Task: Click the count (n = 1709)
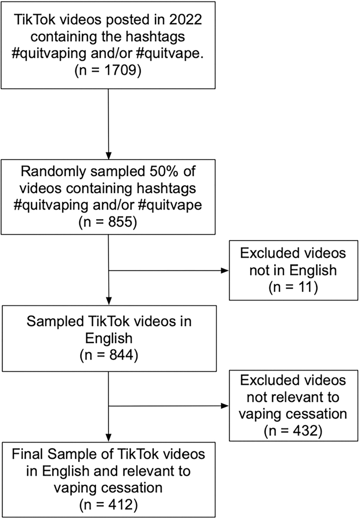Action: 108,70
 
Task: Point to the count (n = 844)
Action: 108,354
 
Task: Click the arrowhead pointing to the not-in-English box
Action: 226,271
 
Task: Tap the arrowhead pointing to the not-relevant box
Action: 226,406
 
